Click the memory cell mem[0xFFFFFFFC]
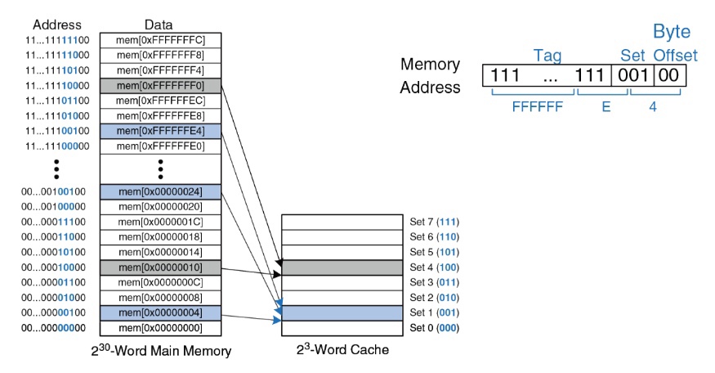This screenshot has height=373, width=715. click(x=161, y=39)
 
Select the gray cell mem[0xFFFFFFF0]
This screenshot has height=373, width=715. click(x=161, y=85)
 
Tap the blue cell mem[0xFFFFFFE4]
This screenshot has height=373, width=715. click(x=161, y=131)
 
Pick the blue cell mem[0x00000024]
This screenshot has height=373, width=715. click(x=161, y=191)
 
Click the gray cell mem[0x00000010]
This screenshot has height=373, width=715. click(x=161, y=267)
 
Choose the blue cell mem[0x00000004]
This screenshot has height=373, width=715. click(x=161, y=313)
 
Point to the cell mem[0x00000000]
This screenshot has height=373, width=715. click(x=161, y=329)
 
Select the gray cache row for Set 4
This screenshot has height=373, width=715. click(x=342, y=267)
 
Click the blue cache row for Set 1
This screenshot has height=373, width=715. click(x=342, y=313)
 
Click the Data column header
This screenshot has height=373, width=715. click(x=159, y=25)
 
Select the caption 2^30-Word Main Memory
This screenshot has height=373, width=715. click(x=160, y=351)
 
